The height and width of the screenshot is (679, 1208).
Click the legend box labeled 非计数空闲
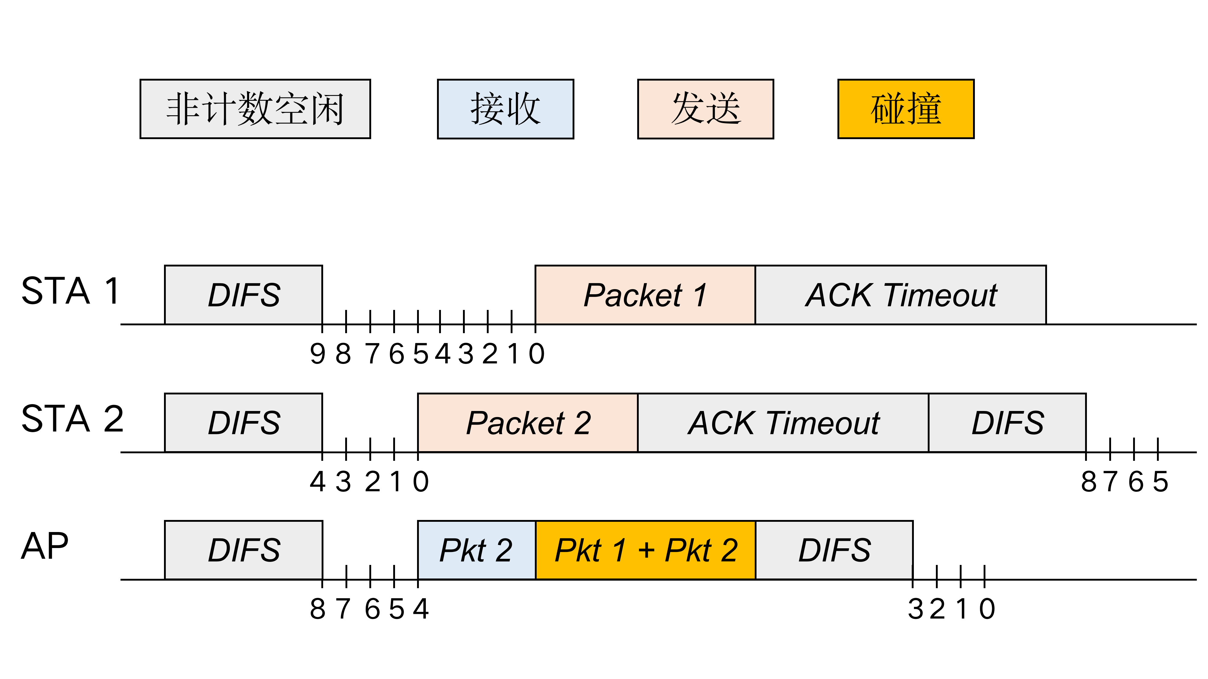(x=255, y=109)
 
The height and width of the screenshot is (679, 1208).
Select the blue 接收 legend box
(x=505, y=109)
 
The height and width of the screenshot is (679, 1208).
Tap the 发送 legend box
(x=705, y=109)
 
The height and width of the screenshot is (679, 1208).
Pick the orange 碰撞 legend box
(x=905, y=109)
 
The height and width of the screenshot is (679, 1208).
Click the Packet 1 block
(x=645, y=295)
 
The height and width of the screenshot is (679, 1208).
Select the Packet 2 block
(x=528, y=423)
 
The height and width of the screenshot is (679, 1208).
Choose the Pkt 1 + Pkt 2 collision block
(x=645, y=550)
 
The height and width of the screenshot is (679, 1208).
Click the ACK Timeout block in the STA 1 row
(x=900, y=295)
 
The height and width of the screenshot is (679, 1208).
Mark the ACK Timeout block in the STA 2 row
(x=783, y=423)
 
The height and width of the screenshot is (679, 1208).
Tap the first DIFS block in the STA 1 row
(x=243, y=295)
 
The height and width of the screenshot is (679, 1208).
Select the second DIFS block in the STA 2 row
(x=1007, y=423)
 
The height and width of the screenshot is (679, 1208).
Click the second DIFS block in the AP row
(x=834, y=550)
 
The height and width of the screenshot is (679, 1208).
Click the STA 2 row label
(x=72, y=419)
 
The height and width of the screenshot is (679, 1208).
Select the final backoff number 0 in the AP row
(x=987, y=609)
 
